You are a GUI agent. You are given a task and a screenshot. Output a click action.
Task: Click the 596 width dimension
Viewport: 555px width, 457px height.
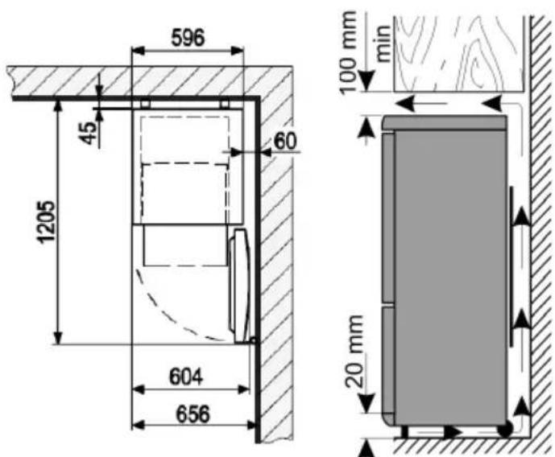(x=188, y=38)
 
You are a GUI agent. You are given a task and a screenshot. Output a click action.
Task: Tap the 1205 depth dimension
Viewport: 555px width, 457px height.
(x=47, y=222)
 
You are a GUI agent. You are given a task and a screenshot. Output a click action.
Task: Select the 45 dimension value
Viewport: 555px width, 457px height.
(x=88, y=133)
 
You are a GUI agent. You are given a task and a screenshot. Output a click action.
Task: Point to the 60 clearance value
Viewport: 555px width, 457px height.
(x=285, y=141)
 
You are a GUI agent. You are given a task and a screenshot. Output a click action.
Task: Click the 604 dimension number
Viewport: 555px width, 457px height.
(x=186, y=377)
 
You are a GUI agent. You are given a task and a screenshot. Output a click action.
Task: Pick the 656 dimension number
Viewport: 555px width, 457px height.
(x=193, y=414)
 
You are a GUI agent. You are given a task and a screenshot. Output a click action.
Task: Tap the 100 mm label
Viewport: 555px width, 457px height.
(x=348, y=52)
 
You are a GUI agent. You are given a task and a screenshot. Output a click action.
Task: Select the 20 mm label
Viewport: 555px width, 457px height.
(x=354, y=351)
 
